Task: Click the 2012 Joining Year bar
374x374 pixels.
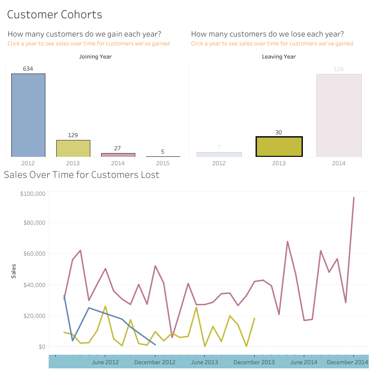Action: pos(28,115)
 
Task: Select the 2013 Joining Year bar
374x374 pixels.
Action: pos(73,148)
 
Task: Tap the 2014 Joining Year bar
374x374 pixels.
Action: pos(118,155)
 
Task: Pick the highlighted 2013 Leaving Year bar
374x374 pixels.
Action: pos(279,147)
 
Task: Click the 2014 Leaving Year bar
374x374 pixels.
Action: pos(339,115)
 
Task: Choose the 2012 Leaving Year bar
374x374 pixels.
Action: pos(219,154)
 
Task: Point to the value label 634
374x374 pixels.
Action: pos(28,69)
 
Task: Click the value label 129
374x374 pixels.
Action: pos(73,135)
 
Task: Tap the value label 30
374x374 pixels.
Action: pos(279,132)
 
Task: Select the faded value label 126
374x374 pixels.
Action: pos(339,69)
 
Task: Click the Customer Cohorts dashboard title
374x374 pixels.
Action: pos(54,15)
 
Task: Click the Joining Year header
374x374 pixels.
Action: pos(95,57)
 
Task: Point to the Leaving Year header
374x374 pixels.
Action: pos(279,57)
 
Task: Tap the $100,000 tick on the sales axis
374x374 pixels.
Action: pos(32,193)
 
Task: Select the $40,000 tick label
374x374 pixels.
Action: pos(34,285)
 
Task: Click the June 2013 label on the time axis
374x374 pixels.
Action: pos(205,362)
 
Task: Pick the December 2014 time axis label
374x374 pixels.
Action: pos(347,362)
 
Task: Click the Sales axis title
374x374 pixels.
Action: pos(14,271)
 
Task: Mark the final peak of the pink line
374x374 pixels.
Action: pos(353,198)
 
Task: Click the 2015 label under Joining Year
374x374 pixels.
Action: pos(163,163)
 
